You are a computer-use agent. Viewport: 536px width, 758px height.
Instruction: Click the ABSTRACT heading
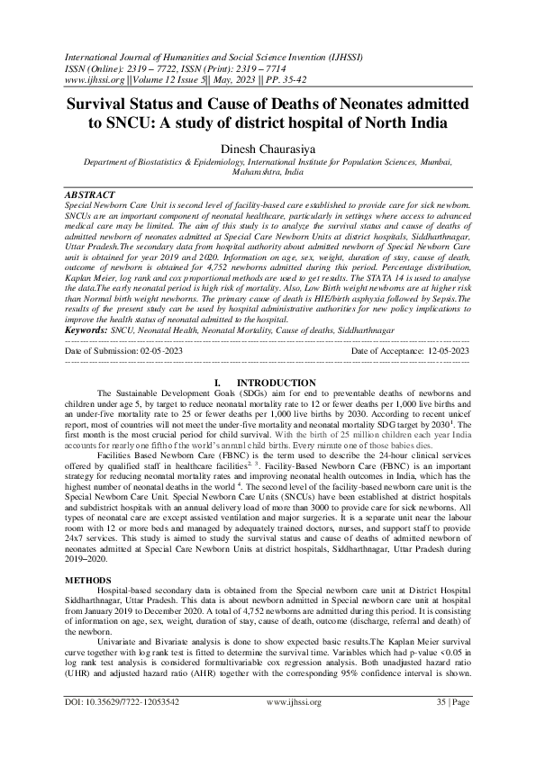[x=90, y=194]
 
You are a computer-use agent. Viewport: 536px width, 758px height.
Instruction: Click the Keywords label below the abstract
[x=86, y=330]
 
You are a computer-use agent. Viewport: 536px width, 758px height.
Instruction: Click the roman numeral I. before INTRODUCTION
[x=219, y=383]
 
